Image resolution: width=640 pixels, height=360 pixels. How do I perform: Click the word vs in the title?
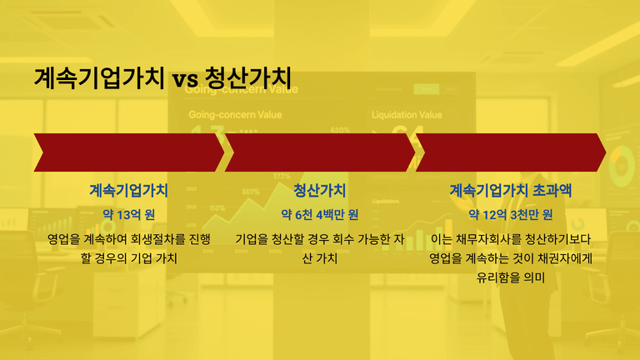185,78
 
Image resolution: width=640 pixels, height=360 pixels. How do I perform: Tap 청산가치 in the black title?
248,77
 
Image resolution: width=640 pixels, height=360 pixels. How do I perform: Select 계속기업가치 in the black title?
99,77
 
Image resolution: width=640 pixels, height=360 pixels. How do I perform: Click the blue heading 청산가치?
320,190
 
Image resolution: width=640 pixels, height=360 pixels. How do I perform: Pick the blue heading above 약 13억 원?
129,190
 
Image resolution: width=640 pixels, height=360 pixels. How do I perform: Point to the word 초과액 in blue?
552,190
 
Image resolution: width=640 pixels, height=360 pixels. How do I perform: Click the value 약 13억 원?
129,214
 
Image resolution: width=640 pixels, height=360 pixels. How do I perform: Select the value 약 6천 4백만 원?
320,214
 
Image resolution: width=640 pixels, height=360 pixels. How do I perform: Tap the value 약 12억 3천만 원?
511,214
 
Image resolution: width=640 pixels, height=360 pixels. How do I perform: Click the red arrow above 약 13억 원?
129,152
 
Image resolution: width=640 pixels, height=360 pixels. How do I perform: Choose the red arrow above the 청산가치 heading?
320,152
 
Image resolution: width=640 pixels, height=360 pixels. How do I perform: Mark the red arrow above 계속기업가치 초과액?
511,152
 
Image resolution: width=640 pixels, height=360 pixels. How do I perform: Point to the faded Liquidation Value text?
407,115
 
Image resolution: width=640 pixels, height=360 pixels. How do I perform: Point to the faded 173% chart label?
282,176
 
